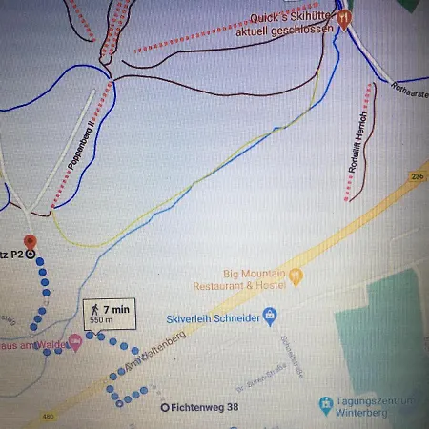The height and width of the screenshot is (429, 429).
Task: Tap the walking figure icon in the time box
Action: (x=94, y=309)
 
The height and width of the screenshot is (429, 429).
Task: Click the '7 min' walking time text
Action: (x=115, y=309)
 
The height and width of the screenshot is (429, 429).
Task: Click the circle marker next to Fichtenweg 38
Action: (x=164, y=407)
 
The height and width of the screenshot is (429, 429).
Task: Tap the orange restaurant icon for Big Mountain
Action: (x=296, y=276)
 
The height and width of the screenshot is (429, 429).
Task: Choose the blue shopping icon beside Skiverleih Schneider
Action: (x=271, y=314)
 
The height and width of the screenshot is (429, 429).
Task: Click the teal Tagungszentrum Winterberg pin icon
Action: (x=326, y=405)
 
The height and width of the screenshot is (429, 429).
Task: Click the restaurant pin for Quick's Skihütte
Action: (x=345, y=16)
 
